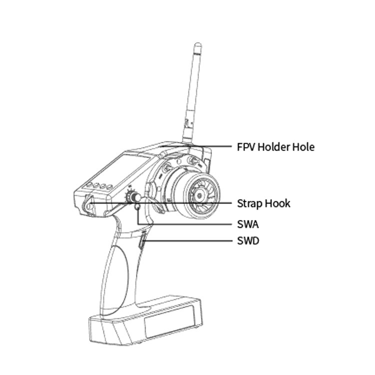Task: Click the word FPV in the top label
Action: point(246,147)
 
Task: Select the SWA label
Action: point(248,224)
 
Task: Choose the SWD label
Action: point(248,241)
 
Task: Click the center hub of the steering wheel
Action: point(199,196)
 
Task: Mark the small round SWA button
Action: point(137,206)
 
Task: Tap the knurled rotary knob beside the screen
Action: point(133,197)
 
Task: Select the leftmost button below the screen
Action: point(90,184)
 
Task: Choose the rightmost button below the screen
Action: point(109,187)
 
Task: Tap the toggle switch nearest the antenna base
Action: point(193,160)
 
